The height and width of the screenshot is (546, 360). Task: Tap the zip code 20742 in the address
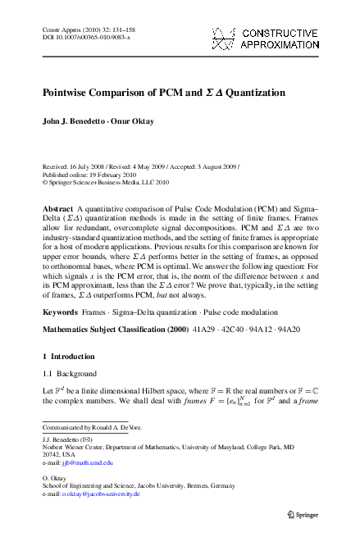tap(52, 455)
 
